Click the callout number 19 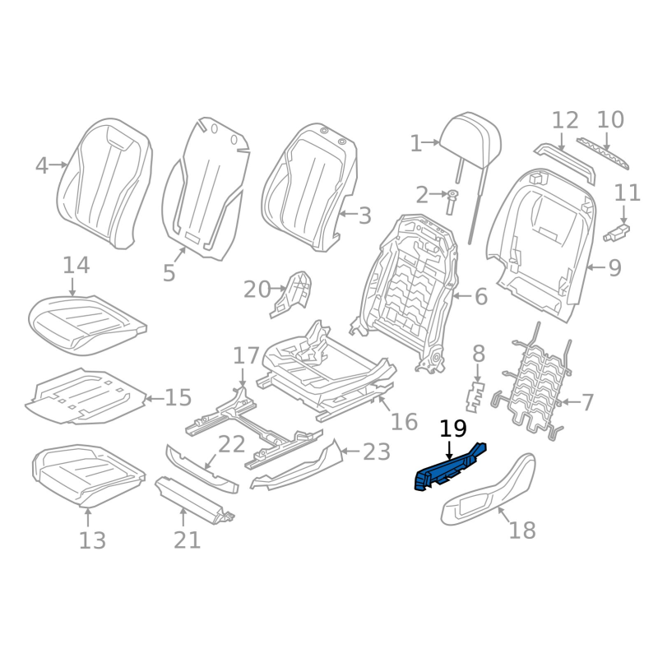pyautogui.click(x=453, y=429)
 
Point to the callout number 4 pyautogui.click(x=42, y=165)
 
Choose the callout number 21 pyautogui.click(x=187, y=540)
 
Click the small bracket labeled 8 pyautogui.click(x=475, y=395)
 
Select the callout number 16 pyautogui.click(x=404, y=421)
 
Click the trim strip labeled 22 pyautogui.click(x=202, y=468)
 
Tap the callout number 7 pyautogui.click(x=587, y=402)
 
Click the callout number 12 pyautogui.click(x=565, y=121)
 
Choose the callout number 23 pyautogui.click(x=377, y=451)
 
